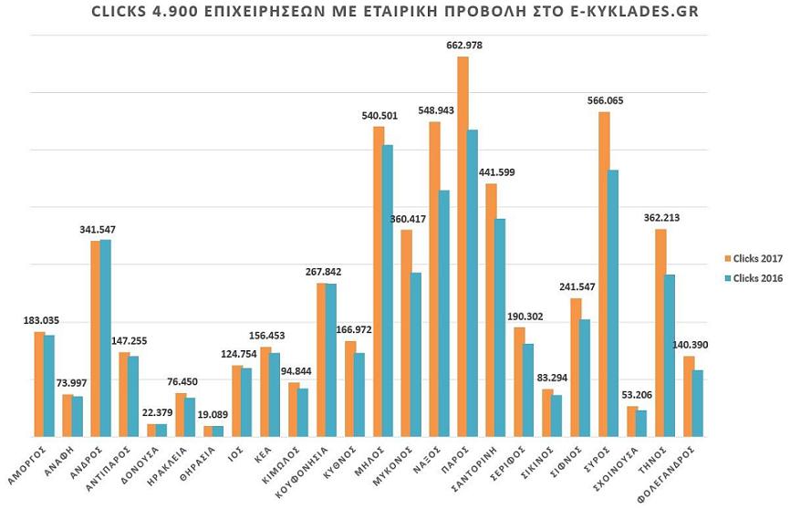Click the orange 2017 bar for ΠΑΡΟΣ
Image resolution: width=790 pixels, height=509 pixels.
coord(463,246)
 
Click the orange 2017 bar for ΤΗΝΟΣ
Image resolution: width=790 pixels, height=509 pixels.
coord(660,332)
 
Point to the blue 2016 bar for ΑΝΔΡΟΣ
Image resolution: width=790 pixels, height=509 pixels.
coord(106,338)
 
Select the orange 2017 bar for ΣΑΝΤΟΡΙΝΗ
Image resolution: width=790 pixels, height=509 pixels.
coord(491,310)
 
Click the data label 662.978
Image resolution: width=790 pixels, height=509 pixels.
coord(463,46)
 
